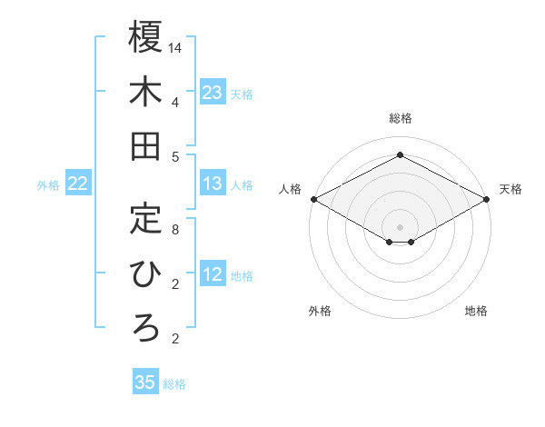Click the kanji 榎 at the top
(x=145, y=37)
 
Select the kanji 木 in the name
(x=145, y=92)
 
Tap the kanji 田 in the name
(x=145, y=146)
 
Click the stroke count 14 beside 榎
(x=175, y=47)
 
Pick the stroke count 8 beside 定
(x=175, y=230)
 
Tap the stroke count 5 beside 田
(x=175, y=156)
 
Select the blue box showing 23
(x=213, y=92)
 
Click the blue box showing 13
(x=213, y=184)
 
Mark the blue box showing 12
(x=213, y=275)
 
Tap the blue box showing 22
(x=78, y=184)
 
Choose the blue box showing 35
(x=145, y=382)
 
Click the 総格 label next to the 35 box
(x=175, y=384)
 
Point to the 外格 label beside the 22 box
(x=48, y=185)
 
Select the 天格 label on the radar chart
(x=510, y=189)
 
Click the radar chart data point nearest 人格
(x=313, y=199)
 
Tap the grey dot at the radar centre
(x=400, y=225)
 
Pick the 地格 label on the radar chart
(x=476, y=311)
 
